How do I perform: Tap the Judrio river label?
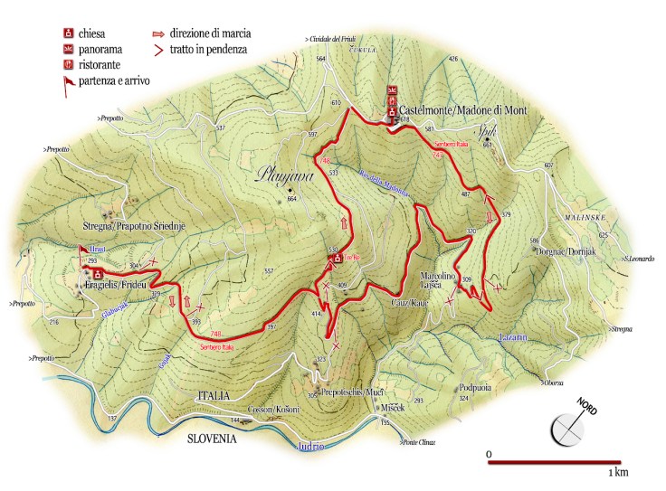[309, 447]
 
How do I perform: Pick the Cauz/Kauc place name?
[409, 303]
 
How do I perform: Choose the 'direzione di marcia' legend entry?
[215, 33]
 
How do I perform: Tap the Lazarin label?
[512, 338]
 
